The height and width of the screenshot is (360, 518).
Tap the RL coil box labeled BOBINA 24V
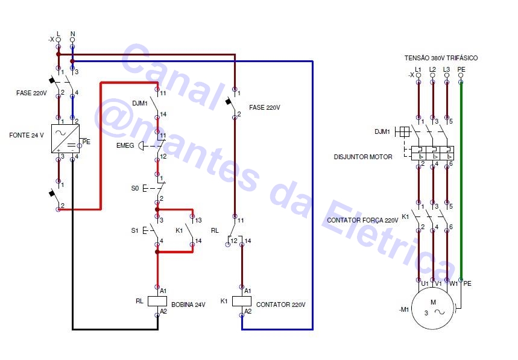pos(157,300)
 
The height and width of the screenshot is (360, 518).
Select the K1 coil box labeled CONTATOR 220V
pos(242,300)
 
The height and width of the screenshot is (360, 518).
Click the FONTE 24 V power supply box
pos(66,137)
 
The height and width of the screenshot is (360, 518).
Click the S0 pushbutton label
pos(135,188)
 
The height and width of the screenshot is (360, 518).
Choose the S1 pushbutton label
pos(134,230)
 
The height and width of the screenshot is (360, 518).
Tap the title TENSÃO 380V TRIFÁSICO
pos(441,58)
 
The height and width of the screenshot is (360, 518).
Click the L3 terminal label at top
pos(446,69)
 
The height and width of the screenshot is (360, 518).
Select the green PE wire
pos(461,181)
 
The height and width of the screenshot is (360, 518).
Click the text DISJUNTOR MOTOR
pos(363,157)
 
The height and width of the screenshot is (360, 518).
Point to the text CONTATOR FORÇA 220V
pos(362,220)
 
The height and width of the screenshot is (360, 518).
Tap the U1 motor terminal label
pos(425,283)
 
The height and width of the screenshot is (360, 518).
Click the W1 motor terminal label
pos(454,283)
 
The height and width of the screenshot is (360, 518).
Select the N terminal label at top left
pos(72,33)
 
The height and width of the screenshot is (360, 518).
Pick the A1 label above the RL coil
pos(163,291)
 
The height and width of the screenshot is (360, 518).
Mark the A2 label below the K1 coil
pos(248,311)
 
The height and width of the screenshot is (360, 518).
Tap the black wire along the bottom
pos(115,329)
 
